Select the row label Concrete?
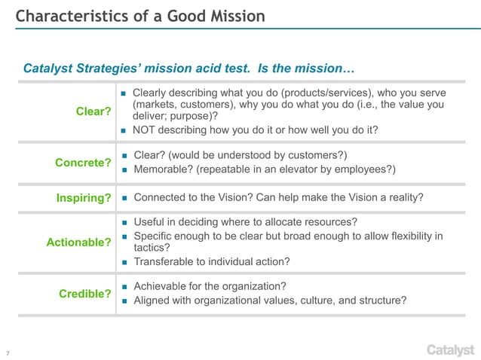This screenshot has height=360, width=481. (x=83, y=162)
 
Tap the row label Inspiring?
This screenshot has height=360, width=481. (x=84, y=199)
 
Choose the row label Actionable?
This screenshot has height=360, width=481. (x=78, y=242)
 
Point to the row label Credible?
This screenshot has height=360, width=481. (x=85, y=294)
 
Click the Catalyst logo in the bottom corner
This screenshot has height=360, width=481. (x=450, y=349)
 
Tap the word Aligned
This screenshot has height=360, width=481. (x=153, y=301)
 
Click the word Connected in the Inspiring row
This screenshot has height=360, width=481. (x=161, y=198)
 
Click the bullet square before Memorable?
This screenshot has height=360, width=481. (x=124, y=169)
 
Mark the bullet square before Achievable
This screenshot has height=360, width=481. (x=124, y=287)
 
